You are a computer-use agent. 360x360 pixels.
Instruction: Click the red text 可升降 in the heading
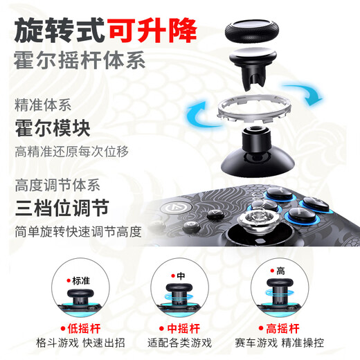tap(152, 30)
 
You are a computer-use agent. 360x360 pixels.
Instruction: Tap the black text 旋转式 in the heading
tap(60, 30)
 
